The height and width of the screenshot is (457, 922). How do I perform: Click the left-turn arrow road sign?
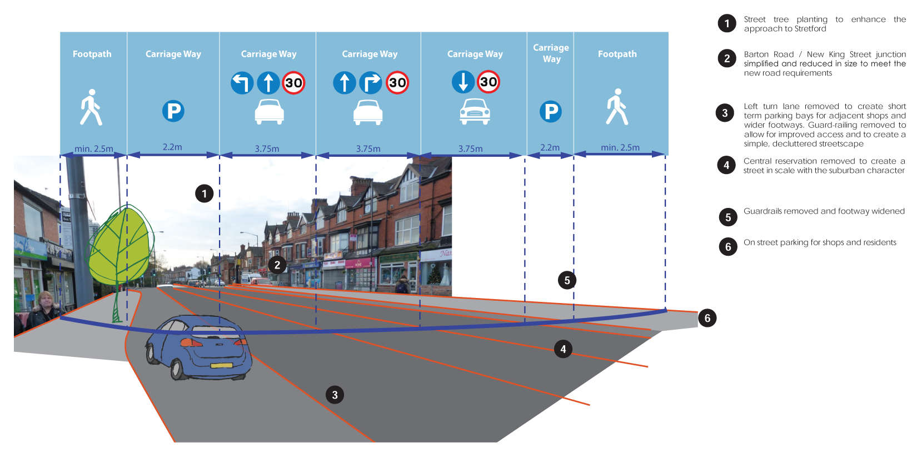coord(242,83)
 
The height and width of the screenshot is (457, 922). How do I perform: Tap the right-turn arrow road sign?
coord(370,83)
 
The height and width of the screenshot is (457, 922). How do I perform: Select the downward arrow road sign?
coord(463,82)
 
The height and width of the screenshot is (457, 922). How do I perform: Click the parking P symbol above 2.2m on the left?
coord(173,111)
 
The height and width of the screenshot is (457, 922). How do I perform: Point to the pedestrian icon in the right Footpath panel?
coord(617,107)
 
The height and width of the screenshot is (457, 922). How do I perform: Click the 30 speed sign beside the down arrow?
coord(489,82)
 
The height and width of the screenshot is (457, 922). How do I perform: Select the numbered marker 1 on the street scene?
coord(204,193)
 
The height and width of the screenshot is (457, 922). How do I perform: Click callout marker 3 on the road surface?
coord(335,395)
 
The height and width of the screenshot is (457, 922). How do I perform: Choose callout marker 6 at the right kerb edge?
coord(707,318)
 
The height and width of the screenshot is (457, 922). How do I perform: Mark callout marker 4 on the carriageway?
coord(563,349)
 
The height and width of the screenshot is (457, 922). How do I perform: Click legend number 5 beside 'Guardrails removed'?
coord(728,217)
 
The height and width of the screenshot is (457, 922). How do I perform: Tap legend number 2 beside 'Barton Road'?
coord(727,58)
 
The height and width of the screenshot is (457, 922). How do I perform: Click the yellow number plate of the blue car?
coord(221,365)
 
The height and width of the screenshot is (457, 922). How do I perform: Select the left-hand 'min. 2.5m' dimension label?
coord(94,148)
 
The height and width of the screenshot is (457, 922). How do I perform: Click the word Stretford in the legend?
coord(810,29)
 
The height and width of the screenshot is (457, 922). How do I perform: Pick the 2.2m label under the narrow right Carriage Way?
coord(550,147)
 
